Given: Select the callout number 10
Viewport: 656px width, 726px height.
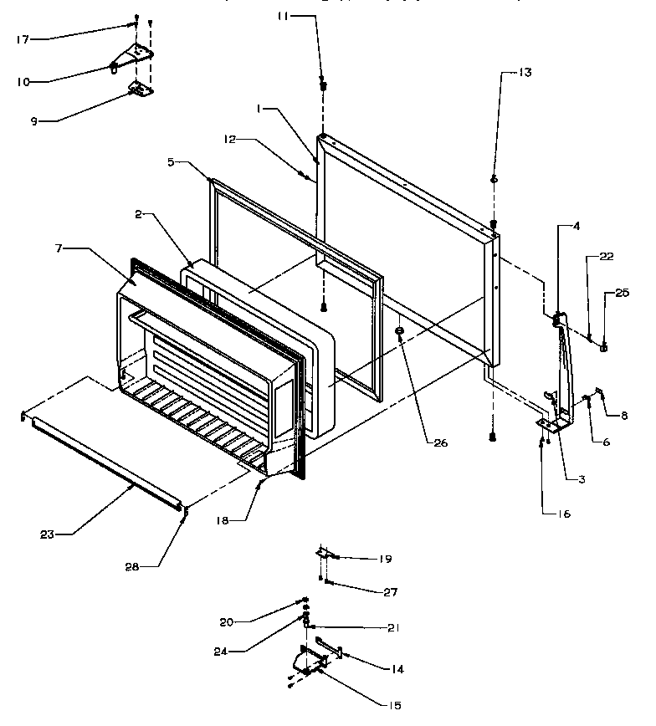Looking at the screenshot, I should [x=23, y=81].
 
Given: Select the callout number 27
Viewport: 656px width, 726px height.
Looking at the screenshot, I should [x=390, y=591].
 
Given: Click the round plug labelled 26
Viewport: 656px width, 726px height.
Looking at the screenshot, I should [x=401, y=331].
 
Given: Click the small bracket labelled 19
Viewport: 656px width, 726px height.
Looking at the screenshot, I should [x=324, y=554].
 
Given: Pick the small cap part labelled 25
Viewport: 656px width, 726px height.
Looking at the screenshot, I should [x=603, y=346].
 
